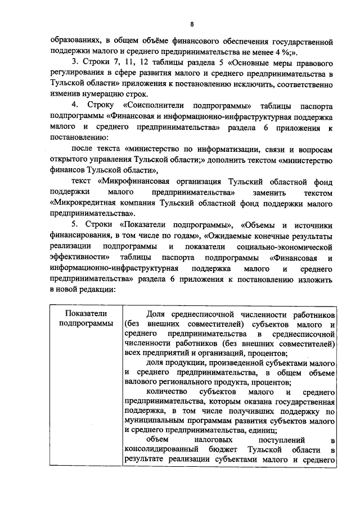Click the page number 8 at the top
point(192,24)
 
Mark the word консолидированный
point(161,451)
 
